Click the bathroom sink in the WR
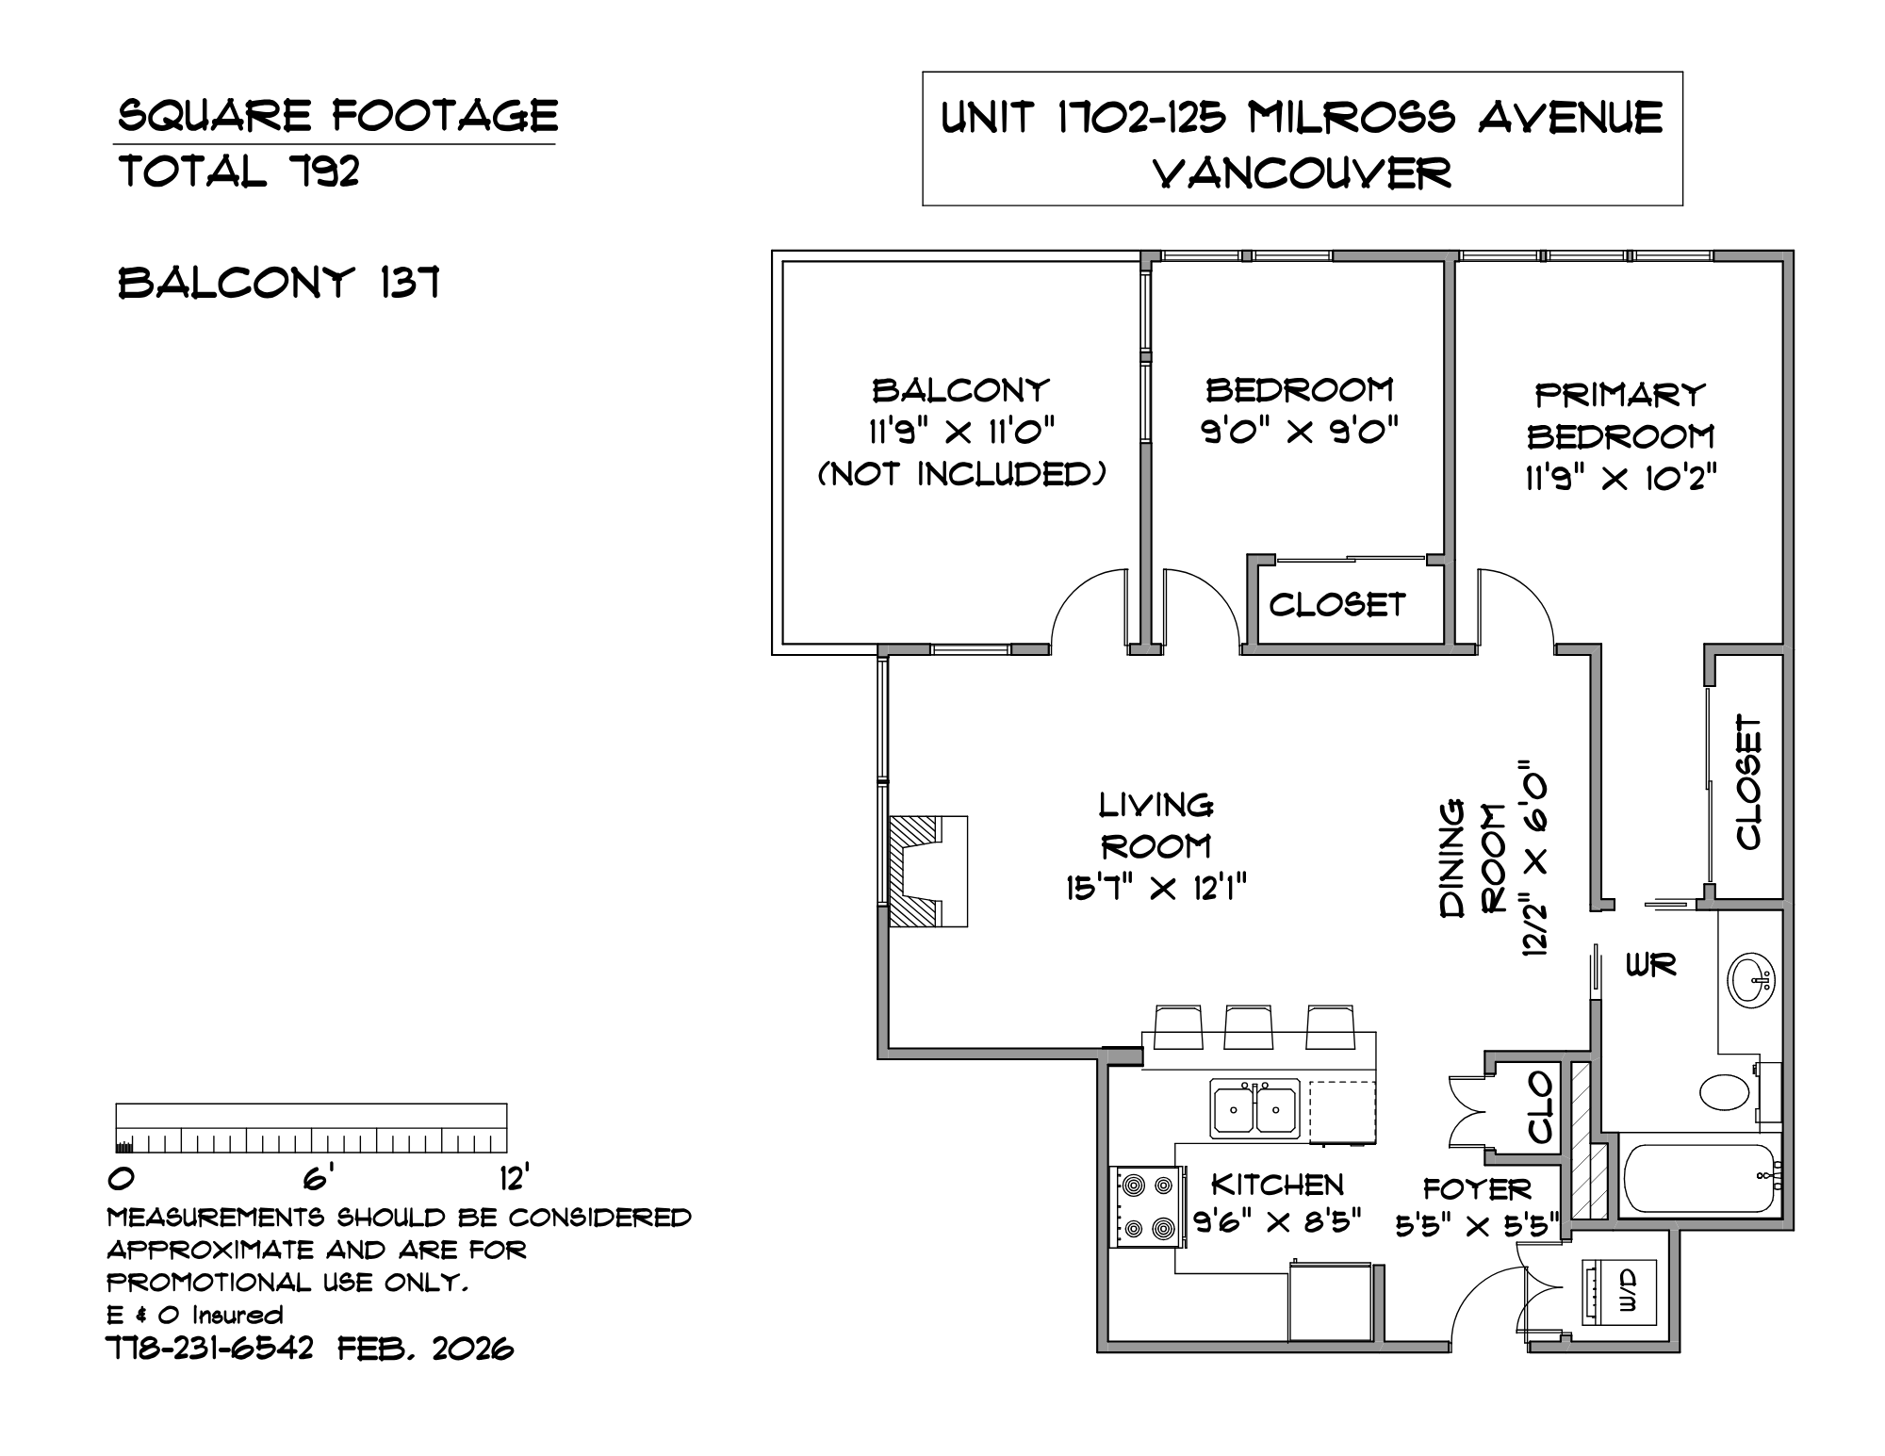coord(1753,981)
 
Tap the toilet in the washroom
coord(1730,1093)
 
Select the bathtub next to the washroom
coord(1702,1178)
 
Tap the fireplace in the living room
coord(927,871)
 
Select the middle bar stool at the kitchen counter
coord(1249,1027)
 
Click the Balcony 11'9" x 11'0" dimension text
coord(960,433)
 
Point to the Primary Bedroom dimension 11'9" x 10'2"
coord(1620,480)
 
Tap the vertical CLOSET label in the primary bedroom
coord(1748,783)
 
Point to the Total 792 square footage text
coord(239,172)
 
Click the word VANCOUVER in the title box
coord(1303,172)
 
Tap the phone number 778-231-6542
coord(210,1349)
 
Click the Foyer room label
coord(1477,1189)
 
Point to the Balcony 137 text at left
coord(280,284)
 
